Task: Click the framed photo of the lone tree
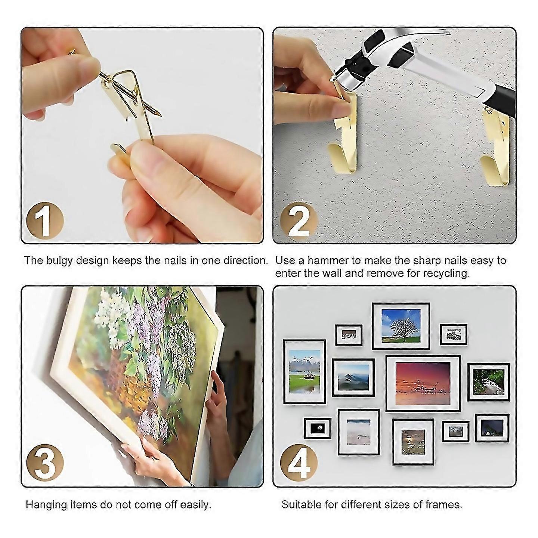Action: [x=401, y=326]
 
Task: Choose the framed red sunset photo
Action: [x=423, y=383]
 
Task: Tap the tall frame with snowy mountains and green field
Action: [x=304, y=371]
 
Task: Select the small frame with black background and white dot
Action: [x=318, y=428]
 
